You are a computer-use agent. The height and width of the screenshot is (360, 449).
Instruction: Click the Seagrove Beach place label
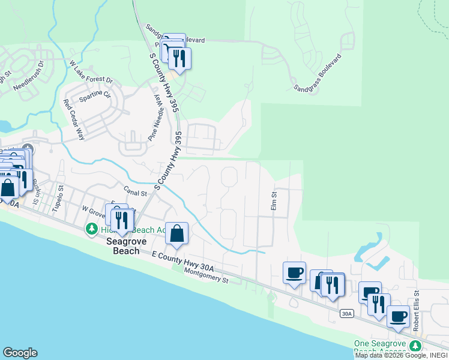click(123, 246)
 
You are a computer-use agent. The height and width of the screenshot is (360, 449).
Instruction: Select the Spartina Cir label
click(95, 95)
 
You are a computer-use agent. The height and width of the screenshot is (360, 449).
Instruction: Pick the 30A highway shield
click(346, 314)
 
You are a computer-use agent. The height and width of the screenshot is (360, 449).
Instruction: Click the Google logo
click(20, 353)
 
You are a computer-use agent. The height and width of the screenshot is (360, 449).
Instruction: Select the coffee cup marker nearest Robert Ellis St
click(398, 316)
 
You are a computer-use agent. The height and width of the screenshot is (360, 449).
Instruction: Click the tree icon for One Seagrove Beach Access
click(414, 346)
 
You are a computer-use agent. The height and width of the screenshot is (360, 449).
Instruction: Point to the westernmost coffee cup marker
click(294, 273)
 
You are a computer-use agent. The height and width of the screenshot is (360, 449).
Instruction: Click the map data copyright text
click(401, 355)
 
